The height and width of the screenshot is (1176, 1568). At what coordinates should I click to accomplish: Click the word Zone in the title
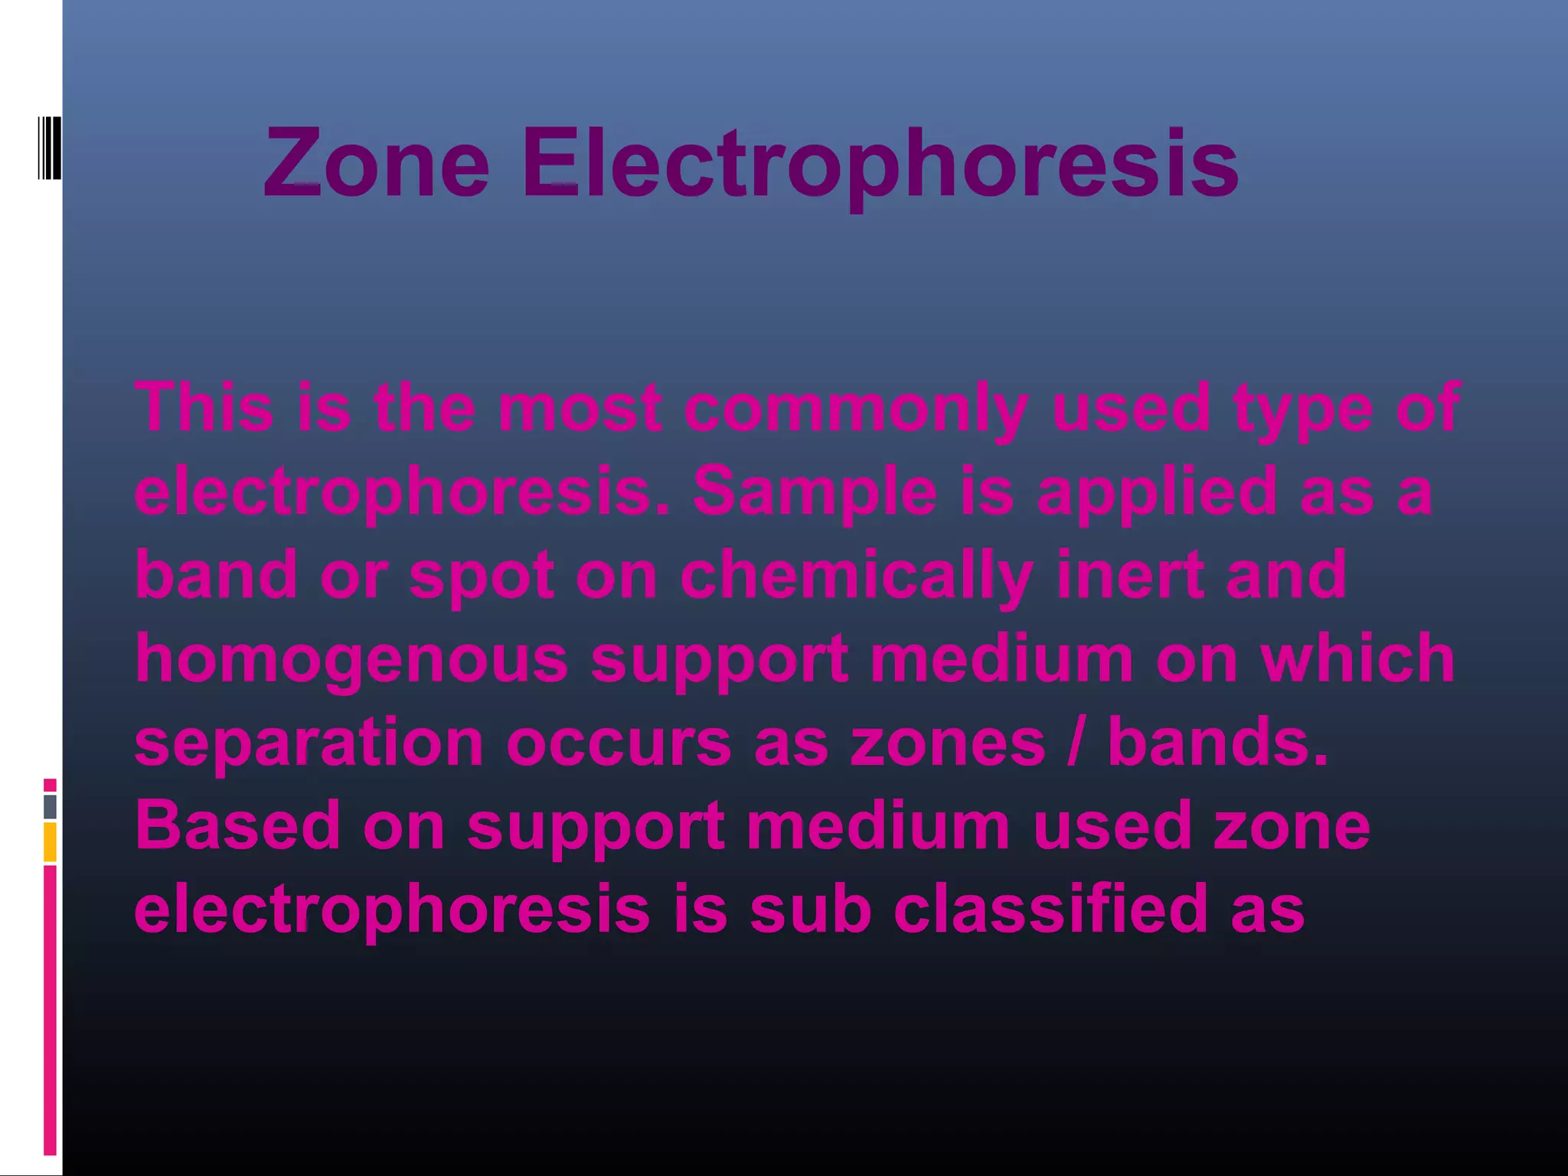click(376, 162)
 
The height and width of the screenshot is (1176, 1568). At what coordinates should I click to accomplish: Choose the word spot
click(482, 577)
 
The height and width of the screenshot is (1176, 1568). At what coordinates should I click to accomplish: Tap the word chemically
click(857, 577)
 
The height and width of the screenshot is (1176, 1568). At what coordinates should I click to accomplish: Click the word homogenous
click(351, 661)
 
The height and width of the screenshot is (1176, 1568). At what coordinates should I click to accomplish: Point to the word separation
click(309, 743)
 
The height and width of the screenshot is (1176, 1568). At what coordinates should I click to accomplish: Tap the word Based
click(237, 825)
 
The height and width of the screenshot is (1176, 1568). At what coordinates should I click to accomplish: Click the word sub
click(810, 909)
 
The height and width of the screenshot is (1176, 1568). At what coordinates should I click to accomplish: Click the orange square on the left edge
click(50, 842)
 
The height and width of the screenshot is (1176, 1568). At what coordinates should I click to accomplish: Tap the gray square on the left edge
click(50, 806)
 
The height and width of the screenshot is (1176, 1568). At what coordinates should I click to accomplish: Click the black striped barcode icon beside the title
click(50, 148)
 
